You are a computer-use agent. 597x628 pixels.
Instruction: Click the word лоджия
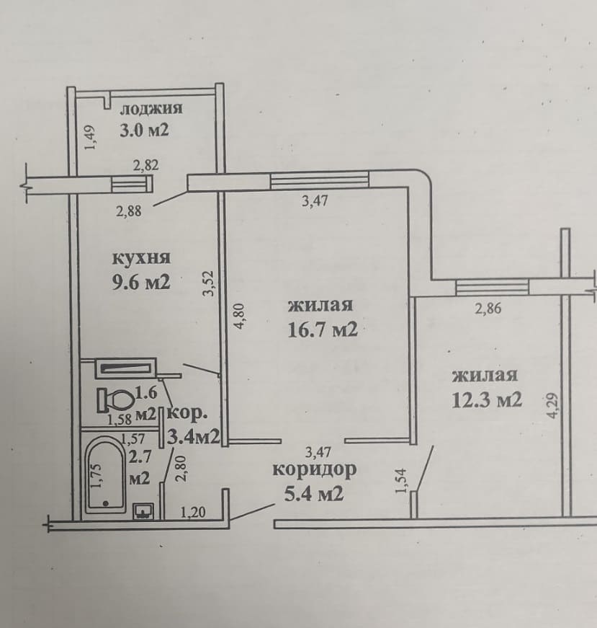pos(151,109)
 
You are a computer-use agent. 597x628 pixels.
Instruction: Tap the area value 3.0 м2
pos(144,130)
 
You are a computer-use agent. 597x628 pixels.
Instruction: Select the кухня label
pos(141,258)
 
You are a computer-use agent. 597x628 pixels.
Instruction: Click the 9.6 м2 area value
pos(141,283)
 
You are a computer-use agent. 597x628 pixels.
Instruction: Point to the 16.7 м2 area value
pos(323,330)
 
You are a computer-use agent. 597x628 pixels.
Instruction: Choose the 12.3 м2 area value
pos(487,399)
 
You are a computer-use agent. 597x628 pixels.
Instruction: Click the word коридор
pos(315,470)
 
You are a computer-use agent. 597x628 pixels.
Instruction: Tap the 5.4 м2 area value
pos(314,494)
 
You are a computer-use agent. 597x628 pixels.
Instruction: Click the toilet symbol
pos(115,399)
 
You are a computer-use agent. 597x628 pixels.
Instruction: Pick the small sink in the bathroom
pos(143,511)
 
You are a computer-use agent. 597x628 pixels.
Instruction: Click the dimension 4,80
pos(239,317)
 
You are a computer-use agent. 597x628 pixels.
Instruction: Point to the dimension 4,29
pos(552,406)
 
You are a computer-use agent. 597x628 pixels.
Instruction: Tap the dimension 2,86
pos(488,309)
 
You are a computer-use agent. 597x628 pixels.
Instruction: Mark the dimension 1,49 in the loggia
pos(91,138)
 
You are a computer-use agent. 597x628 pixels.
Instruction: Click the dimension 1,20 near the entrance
pos(193,512)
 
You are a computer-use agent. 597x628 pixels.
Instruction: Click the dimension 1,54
pos(402,481)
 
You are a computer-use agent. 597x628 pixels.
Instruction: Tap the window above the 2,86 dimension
pos(492,287)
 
